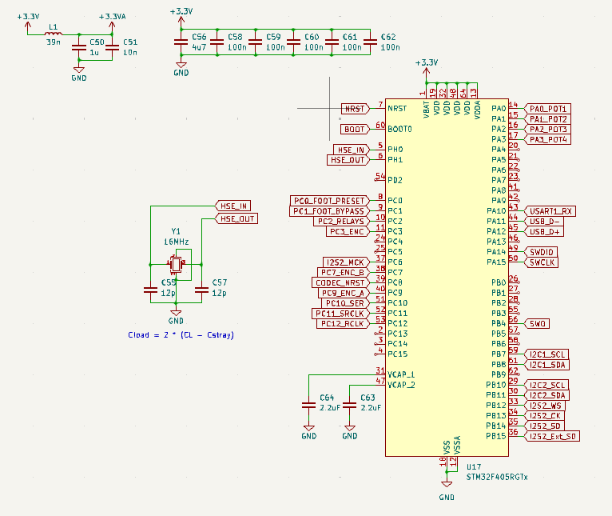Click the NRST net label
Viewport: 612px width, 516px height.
354,108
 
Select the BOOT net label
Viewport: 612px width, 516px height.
355,129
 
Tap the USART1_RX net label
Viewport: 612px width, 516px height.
550,211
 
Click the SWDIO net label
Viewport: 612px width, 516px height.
542,252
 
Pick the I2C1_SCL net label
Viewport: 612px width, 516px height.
547,354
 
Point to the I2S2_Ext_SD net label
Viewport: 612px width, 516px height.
552,436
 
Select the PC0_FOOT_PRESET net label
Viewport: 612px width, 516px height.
329,201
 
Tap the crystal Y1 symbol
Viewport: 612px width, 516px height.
176,263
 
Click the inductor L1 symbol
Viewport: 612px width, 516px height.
54,34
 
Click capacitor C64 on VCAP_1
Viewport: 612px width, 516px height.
308,406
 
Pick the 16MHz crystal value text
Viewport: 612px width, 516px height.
177,241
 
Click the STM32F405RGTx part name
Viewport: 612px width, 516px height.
497,476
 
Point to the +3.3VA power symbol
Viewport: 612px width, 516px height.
112,17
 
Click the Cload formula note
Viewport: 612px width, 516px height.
181,334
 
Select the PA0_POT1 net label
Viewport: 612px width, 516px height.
548,108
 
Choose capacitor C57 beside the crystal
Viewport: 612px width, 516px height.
201,291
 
